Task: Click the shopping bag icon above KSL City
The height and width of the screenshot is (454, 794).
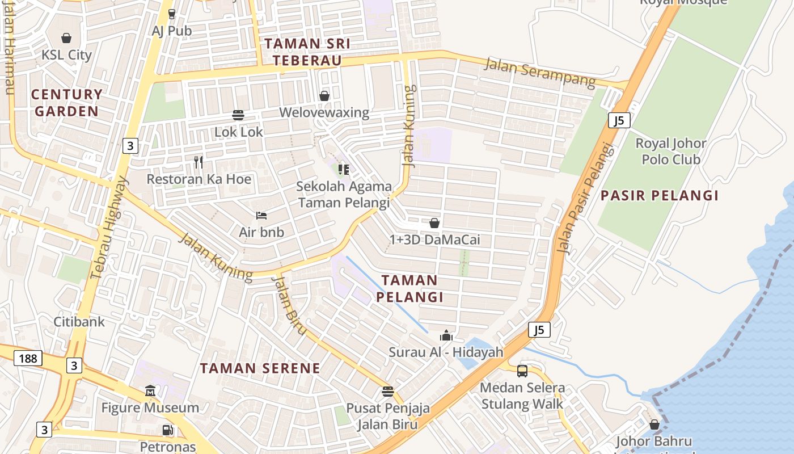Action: (x=66, y=38)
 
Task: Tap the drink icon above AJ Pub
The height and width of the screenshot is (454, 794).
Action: (x=172, y=14)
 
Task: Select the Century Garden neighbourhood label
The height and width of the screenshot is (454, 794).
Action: (x=67, y=103)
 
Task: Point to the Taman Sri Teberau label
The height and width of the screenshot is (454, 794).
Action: (x=307, y=52)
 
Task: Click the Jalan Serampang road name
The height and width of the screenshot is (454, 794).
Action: (x=539, y=72)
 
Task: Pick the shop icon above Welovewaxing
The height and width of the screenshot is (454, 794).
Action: (x=324, y=96)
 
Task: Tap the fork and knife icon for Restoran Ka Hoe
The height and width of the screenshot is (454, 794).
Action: (x=198, y=162)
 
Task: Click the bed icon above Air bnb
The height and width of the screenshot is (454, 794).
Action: (x=261, y=216)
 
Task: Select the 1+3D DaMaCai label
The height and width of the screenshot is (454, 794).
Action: (x=435, y=239)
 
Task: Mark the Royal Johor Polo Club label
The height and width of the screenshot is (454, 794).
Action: (x=671, y=151)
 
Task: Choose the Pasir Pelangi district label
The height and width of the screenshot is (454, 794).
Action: (x=660, y=196)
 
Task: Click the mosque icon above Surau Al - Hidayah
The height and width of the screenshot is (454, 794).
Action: (x=446, y=336)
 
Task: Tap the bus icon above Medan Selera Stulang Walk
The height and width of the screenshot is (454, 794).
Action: (x=522, y=371)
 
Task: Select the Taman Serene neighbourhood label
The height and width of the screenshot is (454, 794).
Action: (x=260, y=368)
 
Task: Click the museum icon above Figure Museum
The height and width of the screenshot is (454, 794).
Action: (x=150, y=391)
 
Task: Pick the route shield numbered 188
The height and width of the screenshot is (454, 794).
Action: (x=28, y=358)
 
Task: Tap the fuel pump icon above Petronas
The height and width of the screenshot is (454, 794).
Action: (x=167, y=430)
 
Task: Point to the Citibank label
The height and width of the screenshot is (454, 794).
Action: (x=79, y=322)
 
